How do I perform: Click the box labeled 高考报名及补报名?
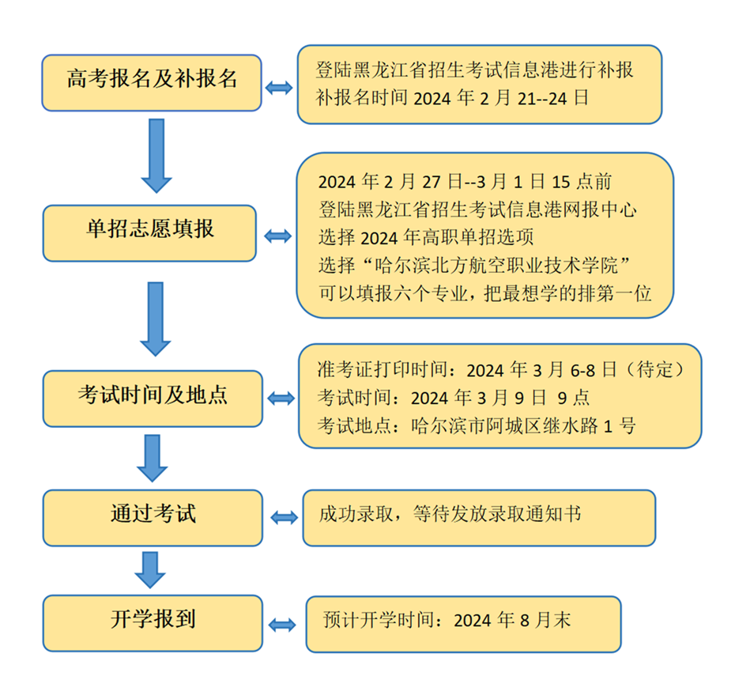point(152,83)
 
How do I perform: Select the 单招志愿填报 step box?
point(149,233)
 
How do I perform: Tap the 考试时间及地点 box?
point(153,398)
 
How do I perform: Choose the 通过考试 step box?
point(153,518)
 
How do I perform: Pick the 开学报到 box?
point(153,623)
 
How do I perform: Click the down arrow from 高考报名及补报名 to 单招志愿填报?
point(156,156)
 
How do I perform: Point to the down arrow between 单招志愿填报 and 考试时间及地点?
point(156,319)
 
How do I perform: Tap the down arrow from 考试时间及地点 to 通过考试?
point(153,458)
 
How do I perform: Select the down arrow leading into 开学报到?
point(150,570)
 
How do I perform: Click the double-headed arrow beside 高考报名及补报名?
point(279,88)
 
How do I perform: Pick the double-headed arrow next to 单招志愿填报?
point(278,236)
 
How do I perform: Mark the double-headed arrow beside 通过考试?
point(285,518)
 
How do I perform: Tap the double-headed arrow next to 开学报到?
point(282,625)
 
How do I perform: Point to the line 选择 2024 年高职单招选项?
point(426,237)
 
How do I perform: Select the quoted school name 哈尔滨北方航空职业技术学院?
point(497,266)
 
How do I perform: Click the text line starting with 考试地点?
point(477,426)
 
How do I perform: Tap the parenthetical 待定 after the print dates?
point(656,369)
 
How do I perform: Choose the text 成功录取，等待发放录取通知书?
point(450,514)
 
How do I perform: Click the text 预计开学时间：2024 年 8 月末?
point(447,620)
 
